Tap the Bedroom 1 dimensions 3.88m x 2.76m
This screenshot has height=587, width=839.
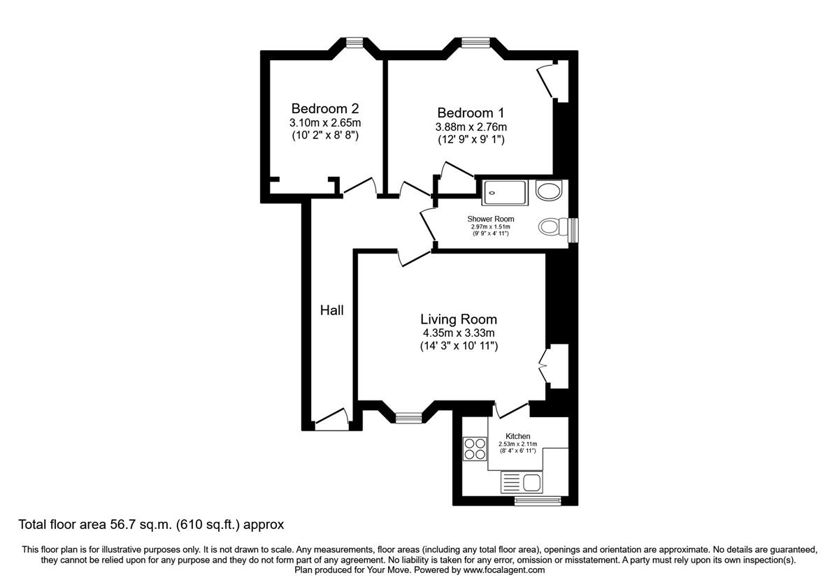pos(471,126)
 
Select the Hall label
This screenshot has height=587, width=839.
pos(332,310)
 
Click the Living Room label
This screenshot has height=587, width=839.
pos(459,319)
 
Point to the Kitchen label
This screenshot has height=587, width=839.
pos(518,436)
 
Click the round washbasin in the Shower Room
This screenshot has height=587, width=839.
pos(550,190)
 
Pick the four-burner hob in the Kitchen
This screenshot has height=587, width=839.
pos(475,448)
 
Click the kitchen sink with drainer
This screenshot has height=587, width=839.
pos(522,481)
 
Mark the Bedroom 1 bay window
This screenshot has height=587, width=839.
pos(475,43)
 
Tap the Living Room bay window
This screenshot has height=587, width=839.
pos(408,418)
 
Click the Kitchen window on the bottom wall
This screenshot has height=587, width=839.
pos(538,500)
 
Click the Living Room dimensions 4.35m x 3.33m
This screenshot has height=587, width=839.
pos(459,333)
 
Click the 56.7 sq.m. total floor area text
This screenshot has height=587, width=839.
pos(151,524)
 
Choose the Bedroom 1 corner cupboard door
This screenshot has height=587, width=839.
pos(547,82)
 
